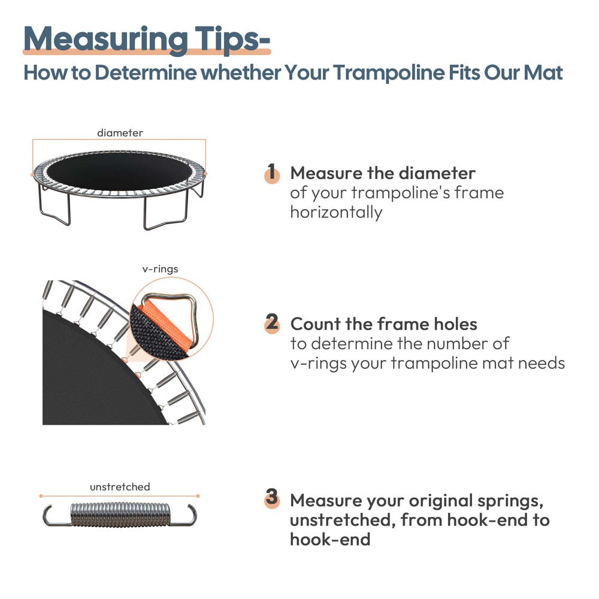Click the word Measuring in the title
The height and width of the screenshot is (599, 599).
click(104, 39)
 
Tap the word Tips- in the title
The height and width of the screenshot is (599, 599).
click(231, 39)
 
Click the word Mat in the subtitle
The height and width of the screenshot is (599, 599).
click(543, 73)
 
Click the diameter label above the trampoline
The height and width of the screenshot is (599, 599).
click(120, 133)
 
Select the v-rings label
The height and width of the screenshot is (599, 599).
click(160, 269)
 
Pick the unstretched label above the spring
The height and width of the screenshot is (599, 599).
click(120, 487)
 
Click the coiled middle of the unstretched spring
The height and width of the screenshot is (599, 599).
click(120, 515)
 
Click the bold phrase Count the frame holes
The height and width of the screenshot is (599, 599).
click(383, 324)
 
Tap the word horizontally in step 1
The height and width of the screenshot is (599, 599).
click(335, 212)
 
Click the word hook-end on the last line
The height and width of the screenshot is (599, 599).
click(329, 539)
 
